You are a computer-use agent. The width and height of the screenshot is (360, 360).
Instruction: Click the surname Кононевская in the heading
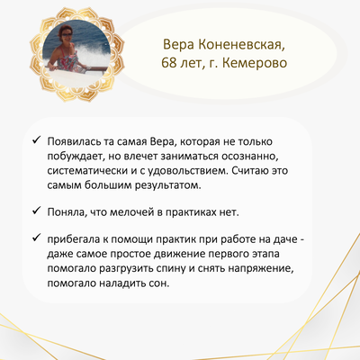click(x=241, y=45)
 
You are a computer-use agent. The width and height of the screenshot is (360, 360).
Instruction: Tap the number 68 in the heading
click(x=168, y=63)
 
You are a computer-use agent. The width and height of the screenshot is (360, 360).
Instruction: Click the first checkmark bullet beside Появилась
click(x=36, y=139)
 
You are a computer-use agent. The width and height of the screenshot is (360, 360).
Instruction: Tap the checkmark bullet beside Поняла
click(x=36, y=211)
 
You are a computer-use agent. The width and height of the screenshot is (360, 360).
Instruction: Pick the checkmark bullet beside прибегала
click(x=36, y=238)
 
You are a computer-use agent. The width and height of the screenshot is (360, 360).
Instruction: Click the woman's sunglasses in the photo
click(x=67, y=35)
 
